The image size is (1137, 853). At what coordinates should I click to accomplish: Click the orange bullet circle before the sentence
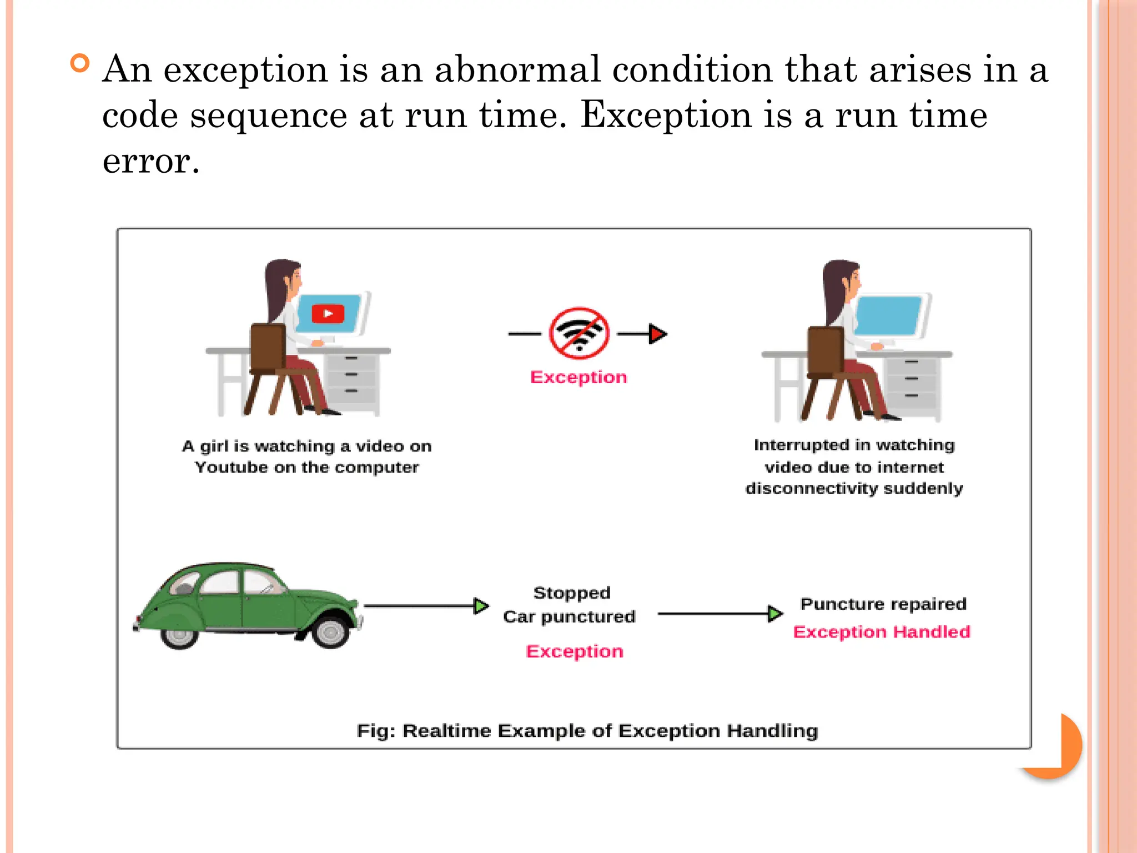pos(80,63)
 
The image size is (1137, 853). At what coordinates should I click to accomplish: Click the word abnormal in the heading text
pos(517,70)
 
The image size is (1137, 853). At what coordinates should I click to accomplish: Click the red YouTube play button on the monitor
pos(328,314)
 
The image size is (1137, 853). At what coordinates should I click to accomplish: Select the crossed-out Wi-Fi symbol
pos(579,334)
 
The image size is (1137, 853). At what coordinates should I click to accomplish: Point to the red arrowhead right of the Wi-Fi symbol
pos(657,334)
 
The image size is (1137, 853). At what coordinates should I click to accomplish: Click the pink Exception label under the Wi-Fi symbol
pos(578,378)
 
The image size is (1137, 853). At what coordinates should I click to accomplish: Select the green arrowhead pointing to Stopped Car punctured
pos(481,606)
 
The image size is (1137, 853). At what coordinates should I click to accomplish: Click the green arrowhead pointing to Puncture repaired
pos(775,614)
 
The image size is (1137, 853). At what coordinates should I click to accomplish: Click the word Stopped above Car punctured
pos(572,593)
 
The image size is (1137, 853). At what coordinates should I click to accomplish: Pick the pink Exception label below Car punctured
pos(575,651)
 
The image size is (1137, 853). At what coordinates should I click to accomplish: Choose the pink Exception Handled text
pos(882,632)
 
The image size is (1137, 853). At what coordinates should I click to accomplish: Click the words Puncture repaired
pos(883,604)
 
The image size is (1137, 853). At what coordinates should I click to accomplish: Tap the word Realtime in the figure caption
pos(447,731)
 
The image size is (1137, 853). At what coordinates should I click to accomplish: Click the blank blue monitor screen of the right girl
pos(888,315)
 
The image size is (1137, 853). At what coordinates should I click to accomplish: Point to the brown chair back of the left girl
pos(268,347)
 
